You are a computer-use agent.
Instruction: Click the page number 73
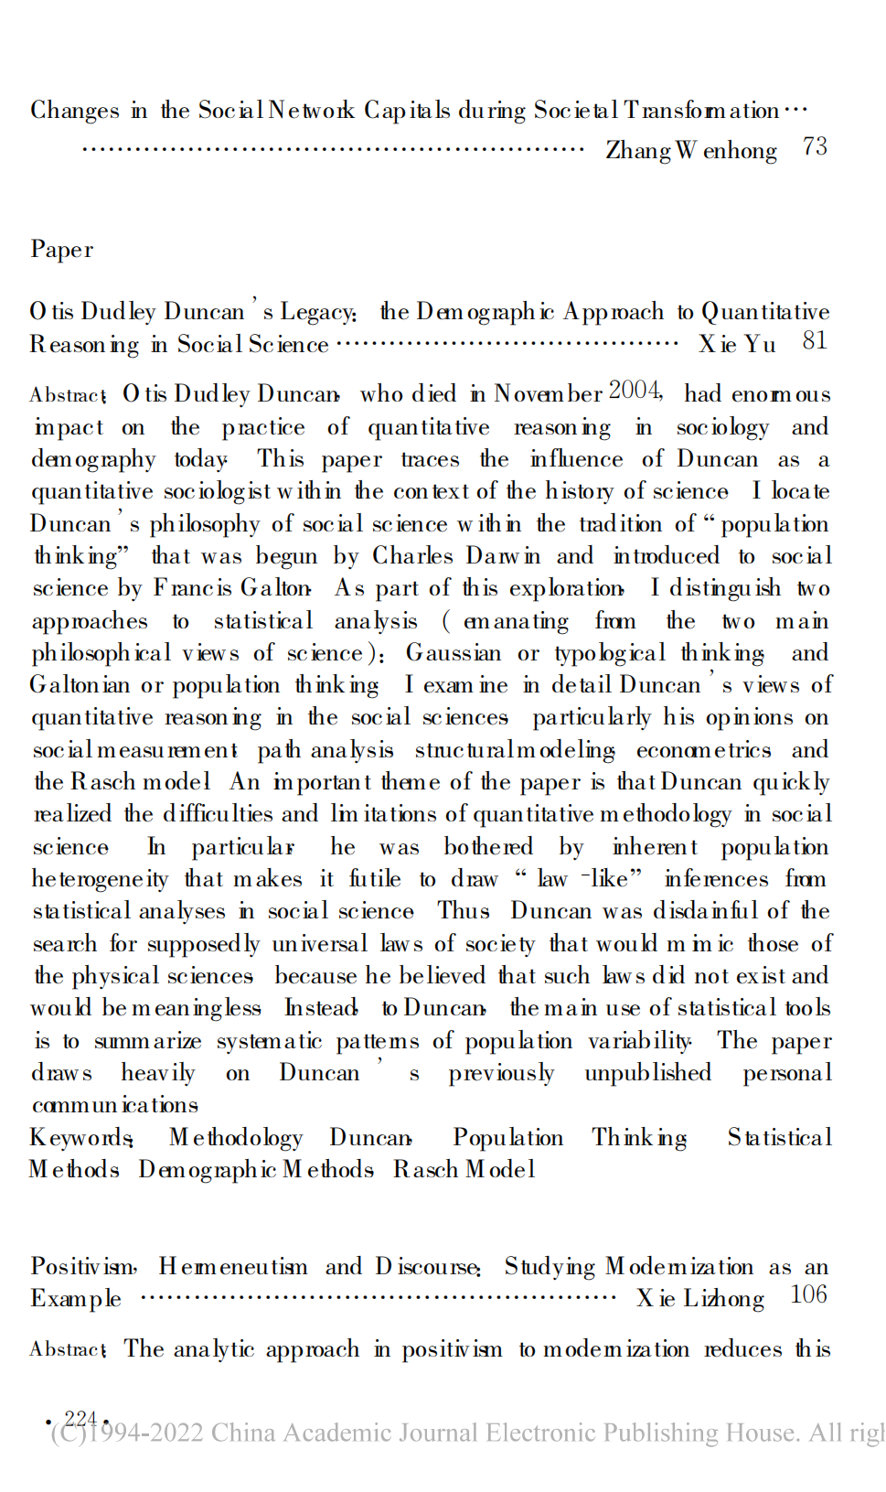pyautogui.click(x=815, y=147)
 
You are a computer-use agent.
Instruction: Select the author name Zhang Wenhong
pyautogui.click(x=691, y=150)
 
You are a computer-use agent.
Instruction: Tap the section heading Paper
pyautogui.click(x=62, y=250)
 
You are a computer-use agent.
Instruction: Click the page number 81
pyautogui.click(x=815, y=341)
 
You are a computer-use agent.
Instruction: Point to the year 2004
pyautogui.click(x=635, y=391)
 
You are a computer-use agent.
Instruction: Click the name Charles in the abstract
pyautogui.click(x=412, y=556)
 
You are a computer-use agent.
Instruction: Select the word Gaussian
pyautogui.click(x=454, y=653)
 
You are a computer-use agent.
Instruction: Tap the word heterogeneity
pyautogui.click(x=101, y=879)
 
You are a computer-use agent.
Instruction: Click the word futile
pyautogui.click(x=375, y=879)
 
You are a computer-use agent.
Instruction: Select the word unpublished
pyautogui.click(x=647, y=1072)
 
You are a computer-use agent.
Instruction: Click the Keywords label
pyautogui.click(x=81, y=1138)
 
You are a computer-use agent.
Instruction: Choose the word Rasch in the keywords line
pyautogui.click(x=425, y=1170)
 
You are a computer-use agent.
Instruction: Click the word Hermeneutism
pyautogui.click(x=233, y=1267)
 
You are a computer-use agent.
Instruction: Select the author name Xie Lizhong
pyautogui.click(x=700, y=1299)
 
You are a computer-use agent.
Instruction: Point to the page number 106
pyautogui.click(x=808, y=1295)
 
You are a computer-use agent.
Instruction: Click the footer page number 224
pyautogui.click(x=80, y=1419)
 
